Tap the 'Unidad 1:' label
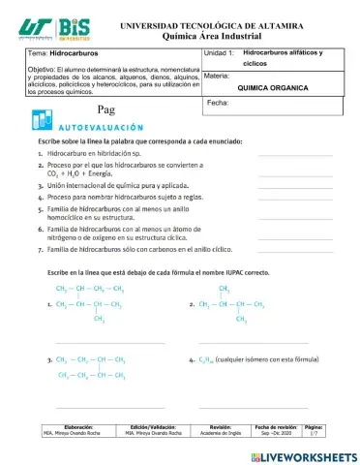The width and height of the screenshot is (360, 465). pyautogui.click(x=220, y=54)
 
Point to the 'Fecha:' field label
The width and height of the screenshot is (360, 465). pyautogui.click(x=218, y=101)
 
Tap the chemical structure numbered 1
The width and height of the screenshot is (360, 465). pyautogui.click(x=91, y=302)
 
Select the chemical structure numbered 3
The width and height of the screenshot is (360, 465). pyautogui.click(x=91, y=366)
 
